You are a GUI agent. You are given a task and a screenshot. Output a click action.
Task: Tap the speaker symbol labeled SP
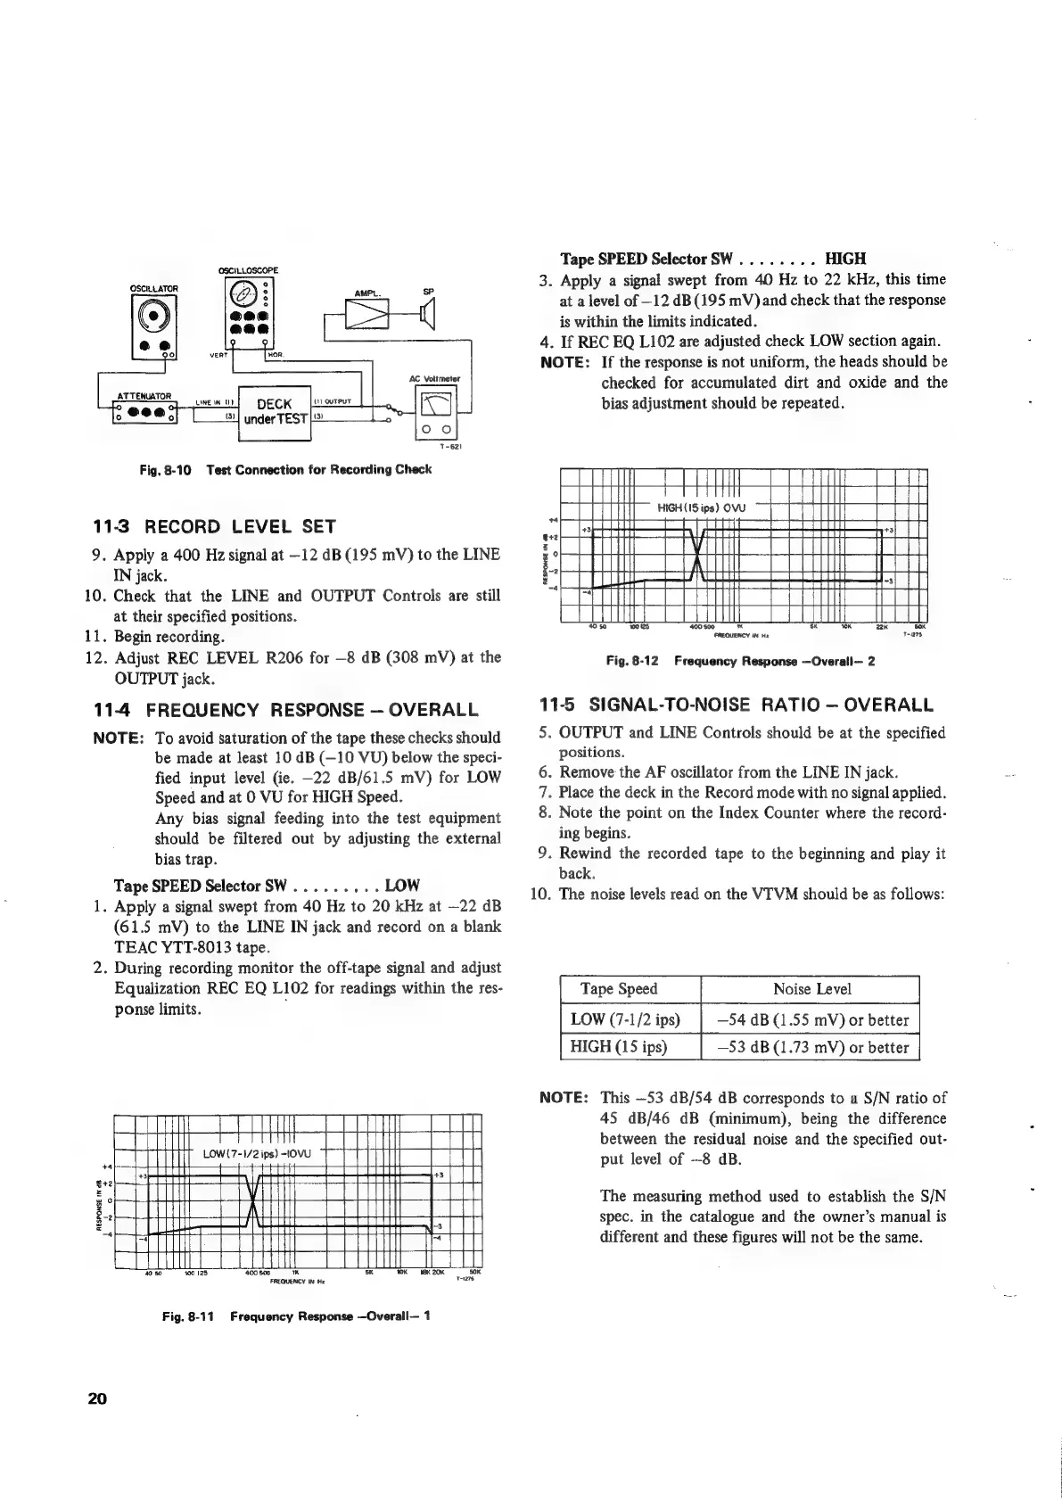[x=427, y=315]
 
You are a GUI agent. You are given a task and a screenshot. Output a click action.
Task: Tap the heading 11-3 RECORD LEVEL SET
[x=214, y=525]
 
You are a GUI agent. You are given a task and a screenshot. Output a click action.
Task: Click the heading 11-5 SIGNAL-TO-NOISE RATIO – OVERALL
[x=737, y=705]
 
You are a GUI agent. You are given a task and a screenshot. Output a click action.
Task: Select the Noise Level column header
[x=811, y=988]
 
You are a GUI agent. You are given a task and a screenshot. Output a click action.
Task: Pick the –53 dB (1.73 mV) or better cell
[x=812, y=1047]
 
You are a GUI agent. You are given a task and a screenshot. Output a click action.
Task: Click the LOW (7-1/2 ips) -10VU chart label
[x=255, y=1155]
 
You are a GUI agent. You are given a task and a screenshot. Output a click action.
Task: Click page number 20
[x=97, y=1398]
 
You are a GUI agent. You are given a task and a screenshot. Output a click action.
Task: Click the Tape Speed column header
[x=619, y=988]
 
